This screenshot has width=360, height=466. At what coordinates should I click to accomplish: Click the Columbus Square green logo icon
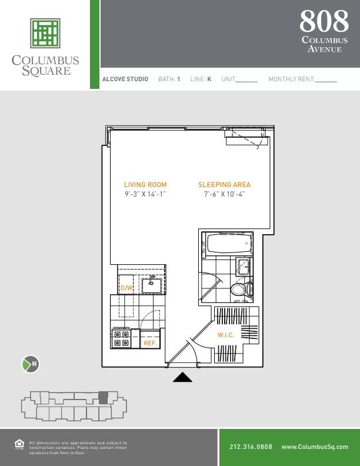pos(46,33)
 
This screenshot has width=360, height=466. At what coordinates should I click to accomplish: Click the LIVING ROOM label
pos(145,185)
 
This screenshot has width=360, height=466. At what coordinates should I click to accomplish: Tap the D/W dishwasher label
pos(126,288)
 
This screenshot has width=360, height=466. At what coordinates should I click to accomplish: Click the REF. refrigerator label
pos(149,341)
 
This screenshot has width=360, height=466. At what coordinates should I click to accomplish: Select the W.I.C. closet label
pos(226,335)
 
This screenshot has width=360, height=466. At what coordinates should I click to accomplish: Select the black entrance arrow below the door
pos(182,378)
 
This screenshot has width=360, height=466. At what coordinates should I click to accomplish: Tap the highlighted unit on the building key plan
pos(104,397)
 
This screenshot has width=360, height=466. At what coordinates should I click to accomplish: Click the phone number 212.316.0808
pos(251,447)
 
